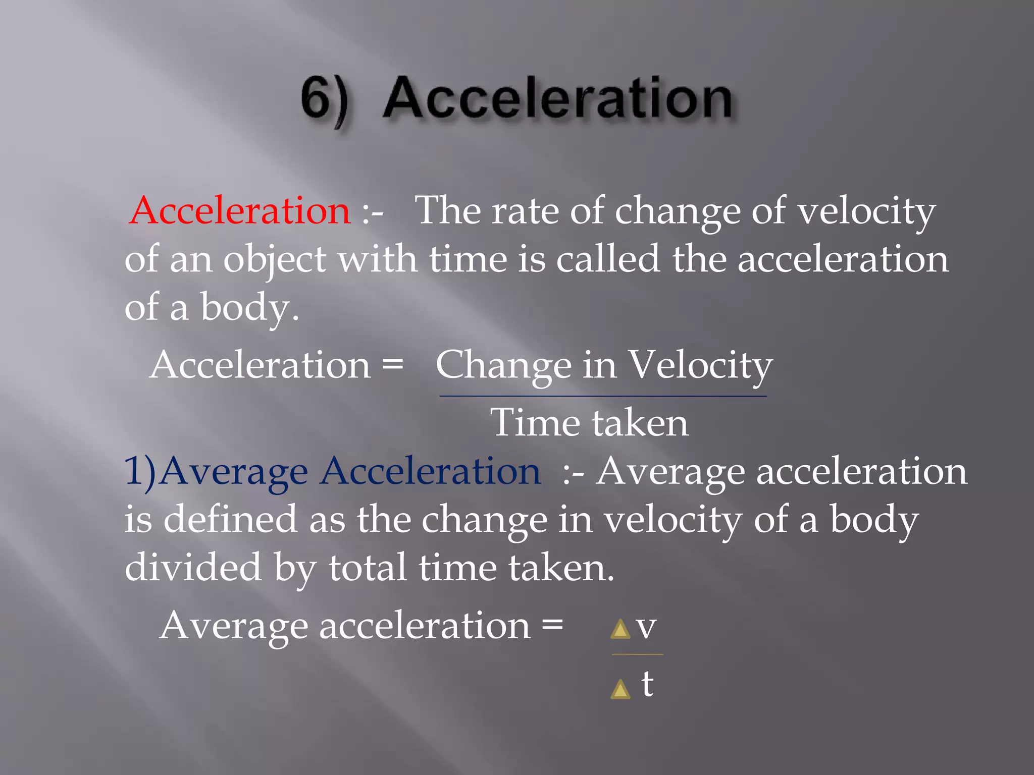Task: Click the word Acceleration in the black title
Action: coord(557,99)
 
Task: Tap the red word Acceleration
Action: coord(240,210)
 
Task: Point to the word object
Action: coord(275,260)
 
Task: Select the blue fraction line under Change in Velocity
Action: coord(603,397)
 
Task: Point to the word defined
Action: coord(230,519)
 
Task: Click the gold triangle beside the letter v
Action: coord(621,630)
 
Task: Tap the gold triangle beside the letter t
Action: coord(621,689)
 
